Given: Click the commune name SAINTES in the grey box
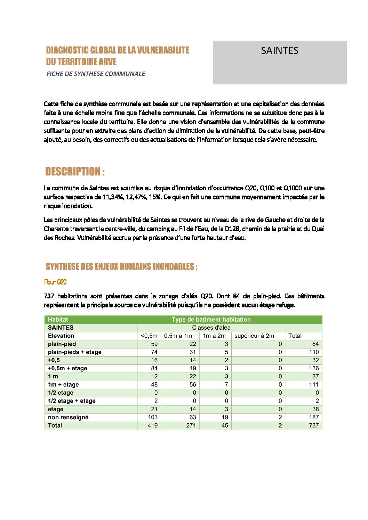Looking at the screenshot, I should click(x=279, y=51).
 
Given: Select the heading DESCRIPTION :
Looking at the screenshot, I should click(x=75, y=172).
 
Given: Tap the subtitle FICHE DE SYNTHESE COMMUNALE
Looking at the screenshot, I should click(x=96, y=74).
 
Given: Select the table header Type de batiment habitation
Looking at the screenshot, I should click(x=211, y=320).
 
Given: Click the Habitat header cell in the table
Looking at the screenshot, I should click(x=58, y=320).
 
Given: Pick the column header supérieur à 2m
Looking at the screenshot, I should click(x=254, y=336).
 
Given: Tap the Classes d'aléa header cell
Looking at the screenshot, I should click(x=211, y=328).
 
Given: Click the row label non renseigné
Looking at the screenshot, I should click(x=68, y=417).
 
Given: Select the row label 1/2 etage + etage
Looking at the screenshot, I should click(x=72, y=401).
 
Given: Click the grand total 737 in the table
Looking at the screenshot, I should click(x=314, y=426).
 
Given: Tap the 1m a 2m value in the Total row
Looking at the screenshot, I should click(x=225, y=426).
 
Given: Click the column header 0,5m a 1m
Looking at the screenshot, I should click(x=178, y=336).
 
